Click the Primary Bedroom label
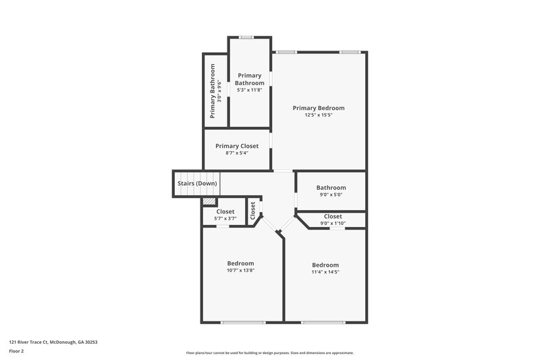[319, 107]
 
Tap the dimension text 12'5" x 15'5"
[319, 115]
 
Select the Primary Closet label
[237, 146]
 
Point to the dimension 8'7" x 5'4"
[237, 153]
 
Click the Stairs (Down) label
[197, 183]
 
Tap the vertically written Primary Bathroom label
[212, 91]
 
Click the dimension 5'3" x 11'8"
[249, 90]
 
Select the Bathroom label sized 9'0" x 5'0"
[331, 188]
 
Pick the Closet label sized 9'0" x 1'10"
[333, 216]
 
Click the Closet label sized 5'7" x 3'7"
[225, 211]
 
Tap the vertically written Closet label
[253, 212]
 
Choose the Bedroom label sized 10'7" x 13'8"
[240, 263]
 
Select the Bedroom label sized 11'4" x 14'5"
[325, 265]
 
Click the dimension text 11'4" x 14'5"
[325, 272]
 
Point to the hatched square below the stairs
[210, 201]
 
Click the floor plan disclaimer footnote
[270, 353]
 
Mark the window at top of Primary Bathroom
[246, 37]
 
